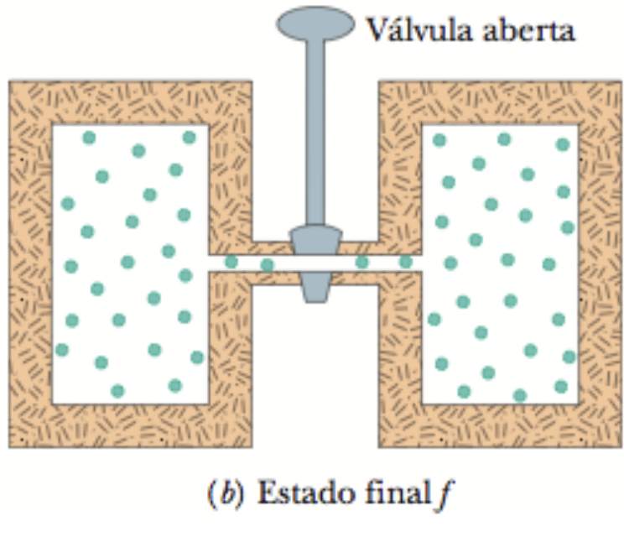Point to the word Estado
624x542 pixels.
pos(294,492)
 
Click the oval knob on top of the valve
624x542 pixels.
pos(315,23)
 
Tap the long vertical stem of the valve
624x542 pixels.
pos(315,134)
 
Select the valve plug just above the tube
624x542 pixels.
pos(315,241)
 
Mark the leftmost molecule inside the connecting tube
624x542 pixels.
pos(231,263)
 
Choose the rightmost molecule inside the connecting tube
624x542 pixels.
pos(405,262)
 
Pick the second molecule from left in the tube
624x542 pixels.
pos(267,265)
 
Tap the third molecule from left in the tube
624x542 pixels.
pos(362,262)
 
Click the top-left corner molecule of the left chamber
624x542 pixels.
pos(88,138)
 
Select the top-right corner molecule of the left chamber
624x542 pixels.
pos(189,138)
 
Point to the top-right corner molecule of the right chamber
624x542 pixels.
pos(563,144)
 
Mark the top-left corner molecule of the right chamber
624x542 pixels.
pos(439,140)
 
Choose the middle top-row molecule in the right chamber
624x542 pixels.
pos(504,139)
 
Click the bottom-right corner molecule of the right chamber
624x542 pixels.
pos(561,387)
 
